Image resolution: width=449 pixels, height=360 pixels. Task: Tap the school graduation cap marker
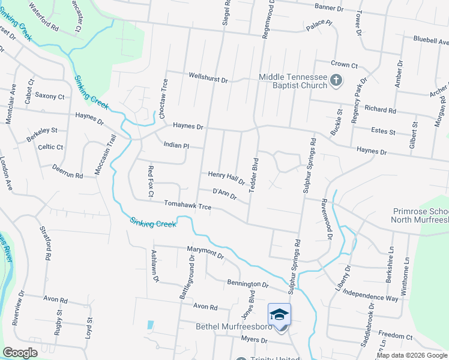click(279, 315)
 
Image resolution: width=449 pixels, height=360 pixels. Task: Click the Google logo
click(20, 353)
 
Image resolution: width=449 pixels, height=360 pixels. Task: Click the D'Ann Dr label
click(226, 193)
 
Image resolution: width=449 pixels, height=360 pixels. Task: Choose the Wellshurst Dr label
click(208, 79)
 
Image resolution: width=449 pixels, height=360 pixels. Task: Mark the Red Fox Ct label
click(150, 181)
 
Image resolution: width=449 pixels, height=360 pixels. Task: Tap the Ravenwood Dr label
click(327, 219)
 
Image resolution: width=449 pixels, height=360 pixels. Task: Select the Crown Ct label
click(344, 64)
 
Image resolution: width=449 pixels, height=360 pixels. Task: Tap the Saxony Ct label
click(49, 96)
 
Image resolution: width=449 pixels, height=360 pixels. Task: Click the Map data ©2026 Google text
click(411, 355)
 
